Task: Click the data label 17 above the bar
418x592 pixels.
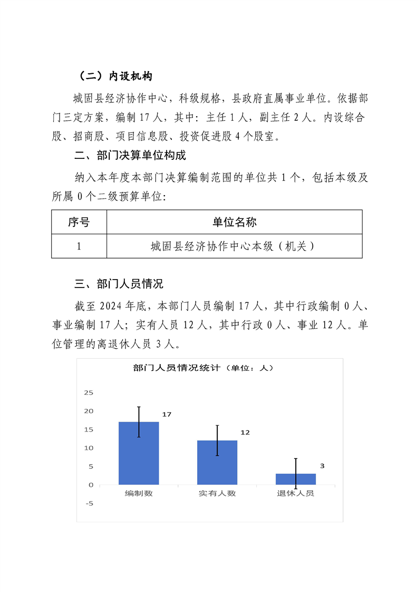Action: pos(167,415)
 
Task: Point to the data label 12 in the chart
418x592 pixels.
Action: pos(245,433)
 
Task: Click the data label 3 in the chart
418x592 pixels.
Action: pos(322,466)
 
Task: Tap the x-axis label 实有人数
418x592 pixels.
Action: pos(217,494)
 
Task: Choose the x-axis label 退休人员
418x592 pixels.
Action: pos(296,494)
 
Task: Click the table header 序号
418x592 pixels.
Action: pos(79,222)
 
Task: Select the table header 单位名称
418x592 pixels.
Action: pos(234,222)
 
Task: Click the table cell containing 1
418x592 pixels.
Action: pos(79,246)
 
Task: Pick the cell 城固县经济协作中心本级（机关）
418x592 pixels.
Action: pos(234,246)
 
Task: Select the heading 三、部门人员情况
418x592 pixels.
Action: pos(119,284)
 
